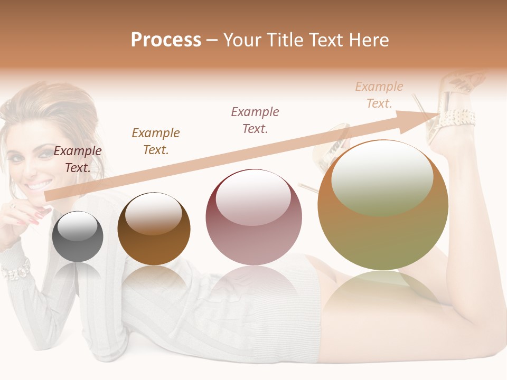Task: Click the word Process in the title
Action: pyautogui.click(x=166, y=40)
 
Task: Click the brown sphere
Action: pyautogui.click(x=154, y=232)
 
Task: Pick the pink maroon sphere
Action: pyautogui.click(x=253, y=222)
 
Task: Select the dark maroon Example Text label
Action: pyautogui.click(x=78, y=159)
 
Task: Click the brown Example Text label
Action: pyautogui.click(x=156, y=141)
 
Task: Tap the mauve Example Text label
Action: pyautogui.click(x=255, y=120)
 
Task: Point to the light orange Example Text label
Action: pyautogui.click(x=379, y=95)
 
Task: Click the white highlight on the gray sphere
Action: pyautogui.click(x=78, y=227)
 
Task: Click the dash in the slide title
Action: pyautogui.click(x=212, y=40)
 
